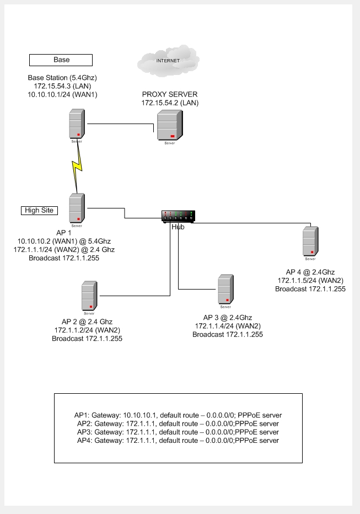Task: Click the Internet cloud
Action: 169,61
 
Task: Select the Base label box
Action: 61,60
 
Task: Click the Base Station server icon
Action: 76,124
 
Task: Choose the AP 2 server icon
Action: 89,296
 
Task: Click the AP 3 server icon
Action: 224,290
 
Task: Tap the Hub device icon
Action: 178,217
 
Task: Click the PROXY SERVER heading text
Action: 170,94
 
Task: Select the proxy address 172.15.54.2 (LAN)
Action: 170,103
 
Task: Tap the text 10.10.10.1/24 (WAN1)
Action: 62,94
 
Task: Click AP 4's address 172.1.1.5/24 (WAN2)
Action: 310,281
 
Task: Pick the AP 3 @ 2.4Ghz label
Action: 227,318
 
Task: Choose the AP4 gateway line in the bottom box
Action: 176,441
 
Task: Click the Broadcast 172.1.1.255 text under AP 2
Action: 87,339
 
